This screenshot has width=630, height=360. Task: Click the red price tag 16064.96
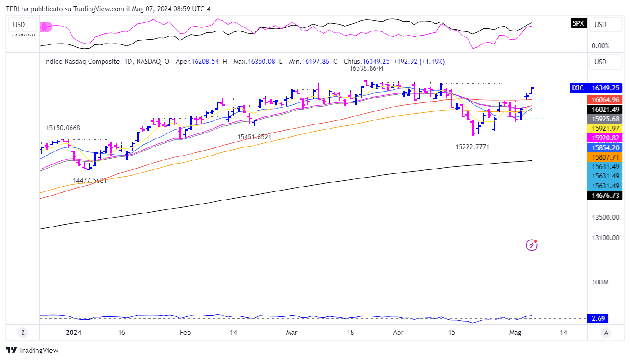coord(605,99)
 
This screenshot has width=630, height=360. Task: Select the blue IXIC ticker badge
coord(578,88)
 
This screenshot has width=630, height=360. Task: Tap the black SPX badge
coord(578,23)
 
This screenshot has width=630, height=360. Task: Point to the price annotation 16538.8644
coord(366,69)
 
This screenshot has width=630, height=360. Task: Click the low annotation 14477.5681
coord(90,181)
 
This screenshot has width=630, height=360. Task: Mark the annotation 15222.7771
coord(472,147)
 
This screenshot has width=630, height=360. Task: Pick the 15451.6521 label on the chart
coord(255,137)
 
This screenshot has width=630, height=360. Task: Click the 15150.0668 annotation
coord(63,128)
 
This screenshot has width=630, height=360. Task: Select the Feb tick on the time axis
coord(185,333)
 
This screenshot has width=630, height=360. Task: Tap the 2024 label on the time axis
coord(73,333)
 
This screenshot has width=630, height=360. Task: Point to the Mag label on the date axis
coord(515,333)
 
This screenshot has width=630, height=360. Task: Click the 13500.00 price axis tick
coord(605,217)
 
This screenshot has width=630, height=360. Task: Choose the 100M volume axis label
coord(600,282)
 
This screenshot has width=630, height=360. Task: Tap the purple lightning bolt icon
coord(532,245)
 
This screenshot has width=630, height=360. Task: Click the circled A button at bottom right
coord(606,333)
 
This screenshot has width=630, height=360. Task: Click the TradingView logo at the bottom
coord(32,351)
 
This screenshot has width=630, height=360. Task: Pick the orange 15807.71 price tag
coord(605,157)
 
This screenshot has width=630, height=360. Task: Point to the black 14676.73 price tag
coord(605,195)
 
